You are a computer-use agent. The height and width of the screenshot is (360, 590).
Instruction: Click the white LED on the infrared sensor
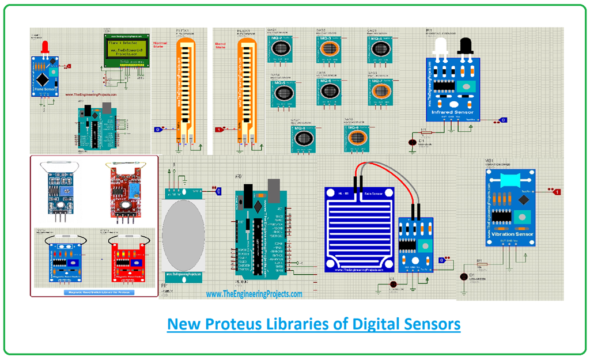pos(441,46)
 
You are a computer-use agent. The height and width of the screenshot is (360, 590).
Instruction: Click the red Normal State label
pos(160,44)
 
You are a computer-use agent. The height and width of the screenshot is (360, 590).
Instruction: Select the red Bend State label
pos(221,44)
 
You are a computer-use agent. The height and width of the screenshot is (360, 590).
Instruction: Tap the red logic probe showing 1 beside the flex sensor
pos(219,130)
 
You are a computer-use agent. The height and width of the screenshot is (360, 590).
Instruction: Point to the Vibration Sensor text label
pos(509,234)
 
